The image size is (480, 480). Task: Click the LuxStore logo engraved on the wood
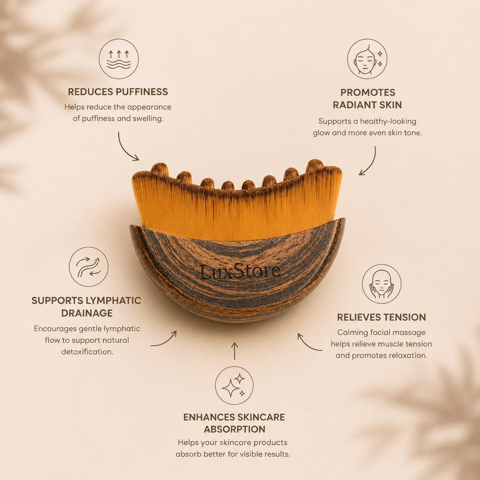(240, 271)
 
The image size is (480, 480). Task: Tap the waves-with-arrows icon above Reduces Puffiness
(119, 59)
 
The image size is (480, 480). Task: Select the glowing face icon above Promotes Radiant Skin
(367, 59)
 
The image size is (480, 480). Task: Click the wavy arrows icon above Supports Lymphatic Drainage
(88, 266)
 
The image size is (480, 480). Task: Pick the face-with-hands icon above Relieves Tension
(382, 284)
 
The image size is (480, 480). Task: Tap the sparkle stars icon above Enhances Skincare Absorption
(234, 385)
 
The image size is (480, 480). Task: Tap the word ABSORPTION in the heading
(235, 429)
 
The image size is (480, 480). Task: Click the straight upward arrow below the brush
(235, 351)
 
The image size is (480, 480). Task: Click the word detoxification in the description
(87, 352)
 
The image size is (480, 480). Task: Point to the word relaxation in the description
(408, 355)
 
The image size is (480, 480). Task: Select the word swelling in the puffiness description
(148, 119)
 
